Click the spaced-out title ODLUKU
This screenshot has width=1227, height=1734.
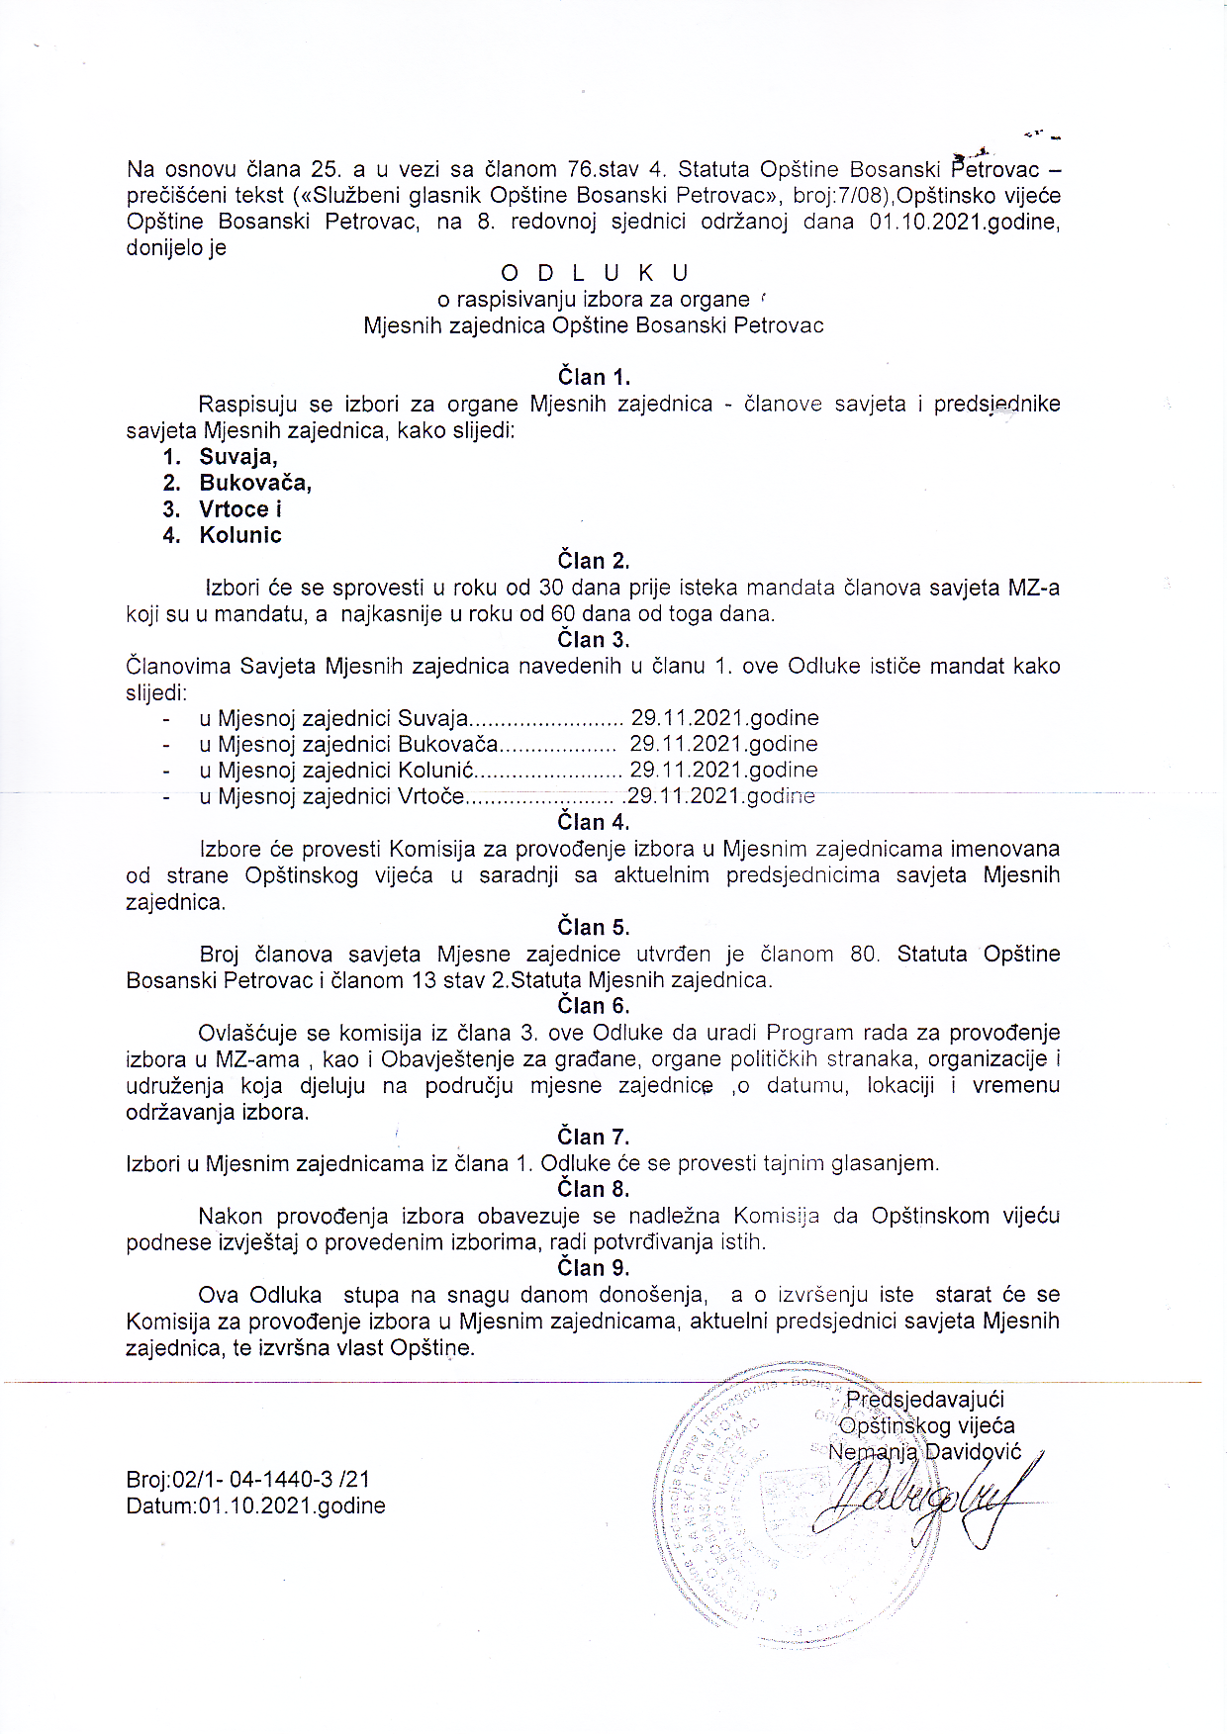click(x=595, y=273)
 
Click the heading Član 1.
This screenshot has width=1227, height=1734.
click(x=594, y=377)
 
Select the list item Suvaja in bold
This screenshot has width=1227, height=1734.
click(x=237, y=457)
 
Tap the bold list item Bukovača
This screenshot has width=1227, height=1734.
click(x=255, y=483)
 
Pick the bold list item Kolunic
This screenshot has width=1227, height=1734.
click(x=240, y=535)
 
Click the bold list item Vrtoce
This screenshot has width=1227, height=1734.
click(x=235, y=509)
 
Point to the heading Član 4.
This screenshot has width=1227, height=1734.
click(x=594, y=822)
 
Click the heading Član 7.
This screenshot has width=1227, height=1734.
click(x=594, y=1138)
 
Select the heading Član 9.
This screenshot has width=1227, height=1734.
click(x=594, y=1268)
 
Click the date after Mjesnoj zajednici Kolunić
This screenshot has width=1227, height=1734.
click(x=723, y=770)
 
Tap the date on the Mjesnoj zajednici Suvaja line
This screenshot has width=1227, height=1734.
click(x=725, y=717)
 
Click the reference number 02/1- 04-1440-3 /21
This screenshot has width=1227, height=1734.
click(x=270, y=1480)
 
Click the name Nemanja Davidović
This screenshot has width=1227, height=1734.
click(x=924, y=1452)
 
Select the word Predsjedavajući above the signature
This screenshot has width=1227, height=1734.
click(x=924, y=1400)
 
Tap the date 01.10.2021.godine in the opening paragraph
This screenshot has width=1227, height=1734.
click(x=964, y=222)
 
